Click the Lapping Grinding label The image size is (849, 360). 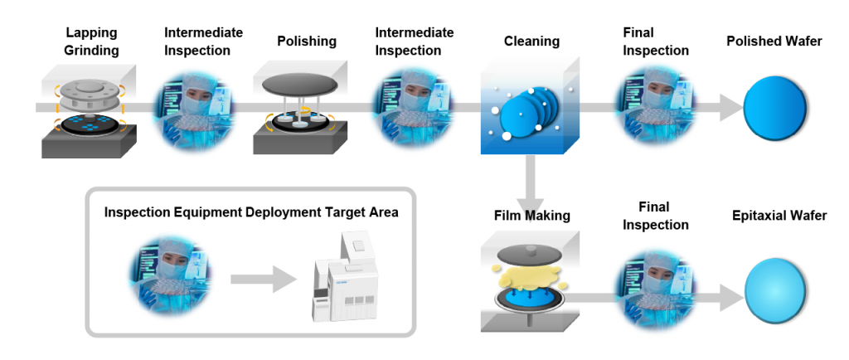tap(91, 41)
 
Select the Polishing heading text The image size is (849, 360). tap(307, 41)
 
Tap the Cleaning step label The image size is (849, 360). tap(531, 41)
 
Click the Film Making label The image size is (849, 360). tap(531, 216)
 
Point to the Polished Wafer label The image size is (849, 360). tap(774, 41)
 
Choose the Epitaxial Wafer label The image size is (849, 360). tap(779, 216)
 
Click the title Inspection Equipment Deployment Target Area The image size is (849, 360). tap(250, 212)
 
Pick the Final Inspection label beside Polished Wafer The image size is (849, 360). tap(655, 41)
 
